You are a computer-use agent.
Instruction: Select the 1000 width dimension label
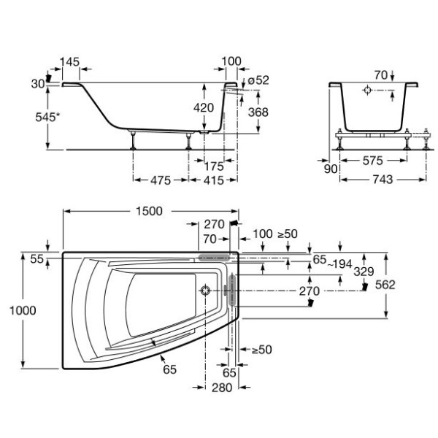point(23,310)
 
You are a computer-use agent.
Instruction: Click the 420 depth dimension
point(204,107)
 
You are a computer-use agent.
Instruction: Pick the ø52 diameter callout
point(258,80)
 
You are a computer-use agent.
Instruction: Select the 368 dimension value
point(258,112)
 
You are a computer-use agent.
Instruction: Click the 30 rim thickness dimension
point(37,83)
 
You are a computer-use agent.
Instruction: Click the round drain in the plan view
point(206,291)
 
